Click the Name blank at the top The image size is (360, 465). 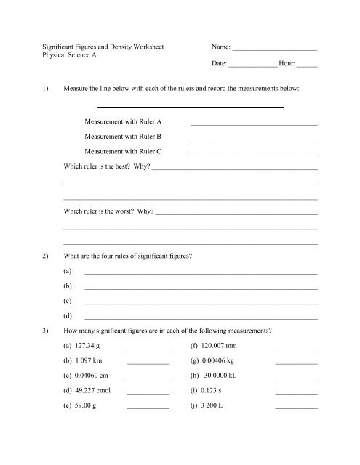tap(275, 48)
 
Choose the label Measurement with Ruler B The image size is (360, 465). tap(123, 136)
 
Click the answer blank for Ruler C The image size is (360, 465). tap(254, 154)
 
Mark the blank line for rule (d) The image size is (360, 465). tap(201, 318)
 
